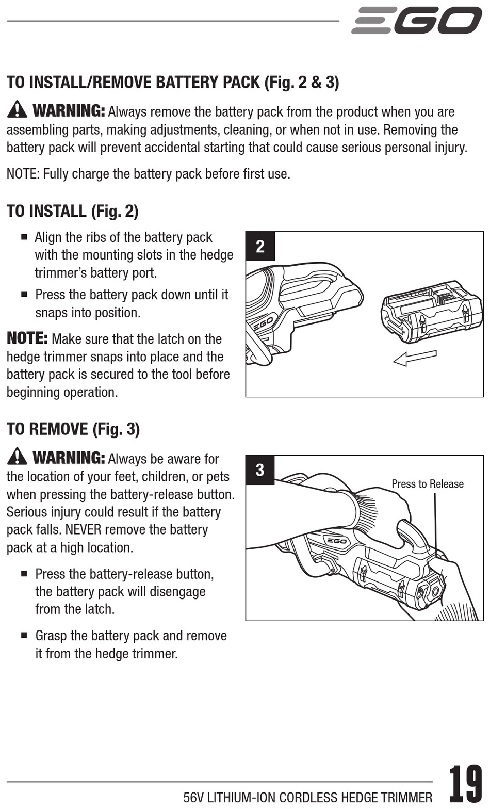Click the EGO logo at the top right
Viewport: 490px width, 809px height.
pos(417,21)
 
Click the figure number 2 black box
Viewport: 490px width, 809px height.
pos(260,246)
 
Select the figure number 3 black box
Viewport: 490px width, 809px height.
pos(260,470)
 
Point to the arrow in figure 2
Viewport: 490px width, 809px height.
pos(415,358)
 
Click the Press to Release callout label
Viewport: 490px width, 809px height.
pos(427,484)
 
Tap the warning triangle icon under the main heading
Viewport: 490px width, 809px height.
pos(17,109)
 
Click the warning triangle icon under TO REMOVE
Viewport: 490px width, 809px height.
pos(17,457)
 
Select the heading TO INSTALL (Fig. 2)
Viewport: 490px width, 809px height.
pos(73,211)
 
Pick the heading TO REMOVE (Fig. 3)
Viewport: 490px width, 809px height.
pos(73,429)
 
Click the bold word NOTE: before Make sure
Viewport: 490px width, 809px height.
pos(27,338)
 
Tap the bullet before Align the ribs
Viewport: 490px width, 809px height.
pos(24,237)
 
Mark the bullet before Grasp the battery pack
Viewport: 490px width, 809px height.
pos(24,636)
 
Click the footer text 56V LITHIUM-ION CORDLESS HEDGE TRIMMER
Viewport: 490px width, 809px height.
pos(307,798)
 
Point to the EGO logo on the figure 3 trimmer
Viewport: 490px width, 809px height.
pos(335,541)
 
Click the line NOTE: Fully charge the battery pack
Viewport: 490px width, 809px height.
pos(148,174)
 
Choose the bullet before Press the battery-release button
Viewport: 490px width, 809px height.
pos(24,574)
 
